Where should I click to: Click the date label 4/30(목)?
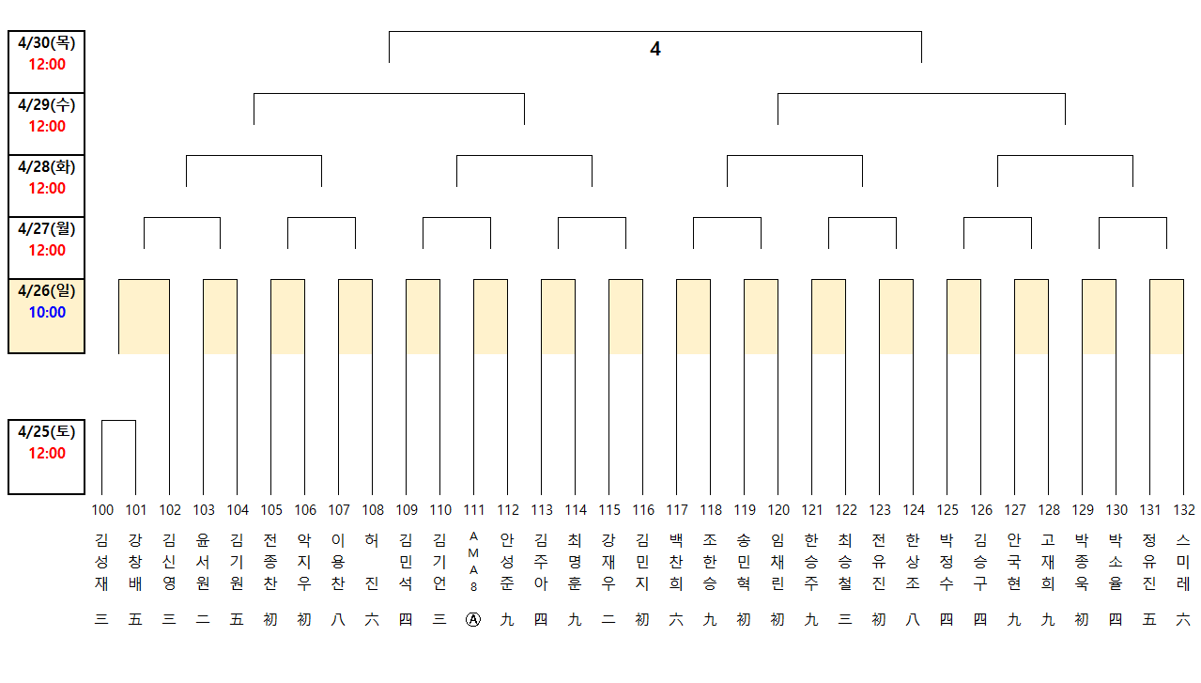click(x=46, y=43)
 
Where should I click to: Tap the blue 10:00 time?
click(x=46, y=312)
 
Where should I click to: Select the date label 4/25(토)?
click(x=46, y=432)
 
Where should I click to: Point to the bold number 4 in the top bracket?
click(x=655, y=49)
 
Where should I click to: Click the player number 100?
click(x=102, y=510)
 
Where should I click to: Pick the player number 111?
click(x=474, y=510)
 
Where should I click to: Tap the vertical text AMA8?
click(x=474, y=561)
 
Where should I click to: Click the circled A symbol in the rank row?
click(x=474, y=621)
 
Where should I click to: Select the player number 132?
click(x=1184, y=510)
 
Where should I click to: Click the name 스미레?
click(x=1184, y=562)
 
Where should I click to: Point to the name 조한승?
click(x=711, y=562)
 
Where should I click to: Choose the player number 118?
click(x=711, y=510)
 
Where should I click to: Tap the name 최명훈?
click(x=576, y=562)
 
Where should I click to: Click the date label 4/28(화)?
click(x=46, y=167)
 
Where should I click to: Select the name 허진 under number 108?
click(x=373, y=562)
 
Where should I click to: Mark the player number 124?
click(x=914, y=510)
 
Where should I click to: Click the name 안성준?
click(x=508, y=562)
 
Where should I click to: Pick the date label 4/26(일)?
click(x=46, y=291)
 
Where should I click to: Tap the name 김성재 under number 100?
click(x=102, y=562)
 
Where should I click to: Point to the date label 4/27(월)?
click(x=46, y=229)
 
